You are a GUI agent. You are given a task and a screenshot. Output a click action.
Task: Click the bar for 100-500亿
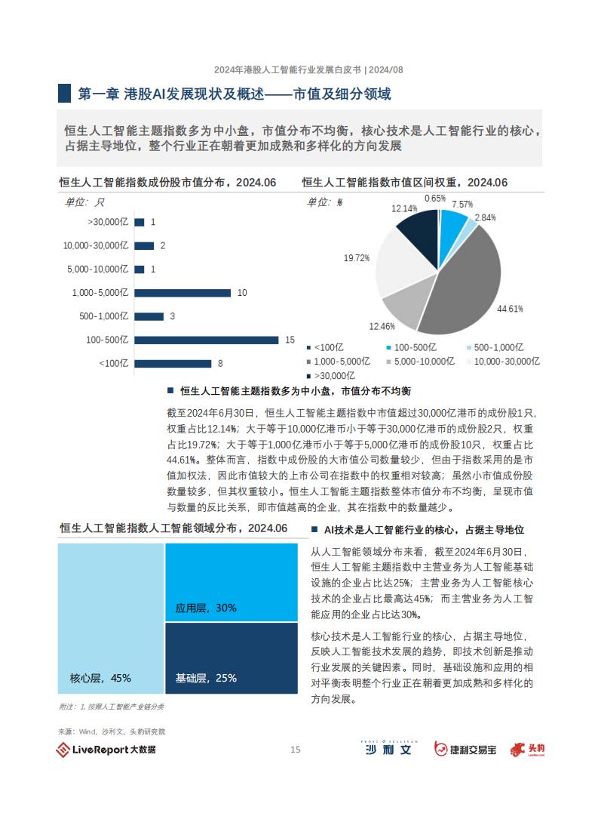tap(206, 340)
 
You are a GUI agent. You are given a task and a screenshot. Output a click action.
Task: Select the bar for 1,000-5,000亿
tap(182, 293)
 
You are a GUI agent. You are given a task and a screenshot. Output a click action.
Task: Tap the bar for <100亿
tap(173, 363)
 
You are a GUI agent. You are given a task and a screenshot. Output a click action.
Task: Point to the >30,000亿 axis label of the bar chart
tap(108, 222)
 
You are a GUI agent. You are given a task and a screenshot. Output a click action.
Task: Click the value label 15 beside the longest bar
tap(290, 340)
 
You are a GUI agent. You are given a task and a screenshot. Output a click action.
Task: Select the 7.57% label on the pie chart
tap(462, 205)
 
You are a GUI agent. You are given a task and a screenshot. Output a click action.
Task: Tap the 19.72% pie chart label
tap(357, 257)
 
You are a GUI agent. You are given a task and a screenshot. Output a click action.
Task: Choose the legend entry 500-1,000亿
tap(495, 347)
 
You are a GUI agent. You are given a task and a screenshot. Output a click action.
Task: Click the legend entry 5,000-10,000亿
tap(421, 362)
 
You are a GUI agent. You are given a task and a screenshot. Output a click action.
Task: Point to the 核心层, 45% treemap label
tap(100, 678)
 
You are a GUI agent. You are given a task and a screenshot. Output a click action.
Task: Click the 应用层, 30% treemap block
tap(232, 582)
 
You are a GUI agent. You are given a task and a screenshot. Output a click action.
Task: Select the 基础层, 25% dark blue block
tap(232, 658)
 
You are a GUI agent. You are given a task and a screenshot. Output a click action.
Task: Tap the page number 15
tap(295, 750)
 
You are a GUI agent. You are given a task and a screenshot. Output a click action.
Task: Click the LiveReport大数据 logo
tap(106, 750)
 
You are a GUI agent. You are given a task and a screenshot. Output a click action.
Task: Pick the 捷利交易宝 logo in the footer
tap(465, 750)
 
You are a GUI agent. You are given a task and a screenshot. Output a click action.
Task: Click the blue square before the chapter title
tap(64, 94)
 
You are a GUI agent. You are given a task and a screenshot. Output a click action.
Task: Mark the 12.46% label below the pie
tap(382, 326)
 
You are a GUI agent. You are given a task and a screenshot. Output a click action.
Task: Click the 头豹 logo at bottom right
tap(527, 750)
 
